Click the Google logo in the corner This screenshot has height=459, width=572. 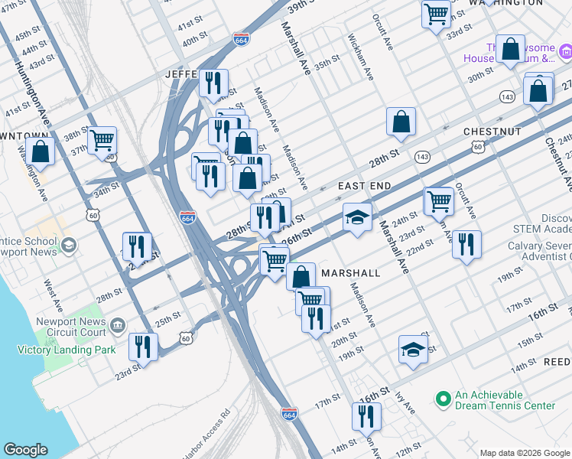pos(25,450)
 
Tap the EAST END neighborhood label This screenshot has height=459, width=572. pos(365,186)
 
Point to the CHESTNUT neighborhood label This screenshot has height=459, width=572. pos(492,132)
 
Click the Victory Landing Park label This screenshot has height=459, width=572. pos(66,350)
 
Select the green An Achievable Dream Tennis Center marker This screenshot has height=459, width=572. pos(441,399)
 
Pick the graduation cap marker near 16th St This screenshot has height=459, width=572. pos(413,349)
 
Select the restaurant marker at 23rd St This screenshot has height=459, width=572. pos(143,346)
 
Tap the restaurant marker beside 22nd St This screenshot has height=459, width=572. pos(466,244)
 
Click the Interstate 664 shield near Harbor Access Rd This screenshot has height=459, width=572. pos(288,414)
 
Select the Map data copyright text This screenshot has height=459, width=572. pos(524,452)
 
